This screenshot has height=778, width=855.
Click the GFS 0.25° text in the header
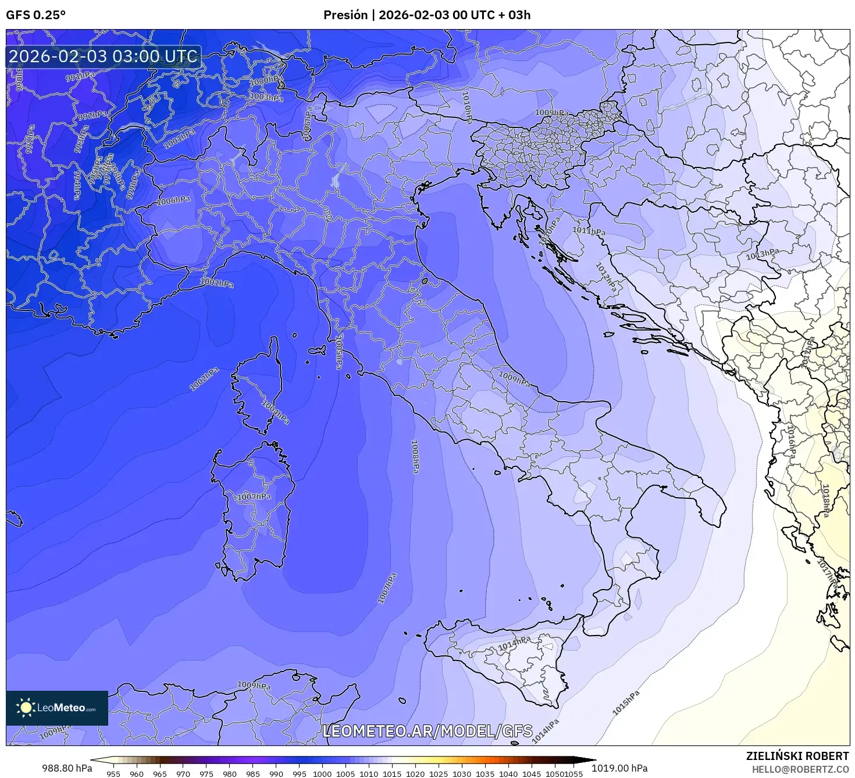(x=35, y=15)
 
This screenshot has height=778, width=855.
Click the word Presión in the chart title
(x=345, y=15)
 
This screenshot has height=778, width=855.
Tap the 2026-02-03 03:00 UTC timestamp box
(x=104, y=56)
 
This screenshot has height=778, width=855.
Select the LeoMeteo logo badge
(x=57, y=708)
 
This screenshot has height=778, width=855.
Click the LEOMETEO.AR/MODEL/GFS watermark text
(x=427, y=731)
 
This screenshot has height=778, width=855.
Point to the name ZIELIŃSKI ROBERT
(x=797, y=756)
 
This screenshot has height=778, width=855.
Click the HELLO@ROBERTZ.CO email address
(x=800, y=769)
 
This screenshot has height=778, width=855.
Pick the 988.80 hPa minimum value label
(x=67, y=768)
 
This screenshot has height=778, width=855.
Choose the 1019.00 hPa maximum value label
(x=619, y=768)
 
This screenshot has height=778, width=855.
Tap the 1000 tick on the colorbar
(x=322, y=773)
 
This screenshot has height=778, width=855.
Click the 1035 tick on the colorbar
(x=484, y=773)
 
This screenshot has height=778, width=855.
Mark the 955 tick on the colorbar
(x=113, y=773)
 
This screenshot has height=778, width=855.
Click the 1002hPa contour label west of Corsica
(x=204, y=379)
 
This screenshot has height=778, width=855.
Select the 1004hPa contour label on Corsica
(x=275, y=412)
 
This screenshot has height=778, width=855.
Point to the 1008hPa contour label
(x=415, y=456)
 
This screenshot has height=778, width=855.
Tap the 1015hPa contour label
(x=626, y=703)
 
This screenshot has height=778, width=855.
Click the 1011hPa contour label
(x=589, y=231)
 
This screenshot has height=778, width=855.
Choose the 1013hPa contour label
(x=763, y=254)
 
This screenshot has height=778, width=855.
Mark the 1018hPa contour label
(x=825, y=500)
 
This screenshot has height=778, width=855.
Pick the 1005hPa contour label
(x=339, y=351)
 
